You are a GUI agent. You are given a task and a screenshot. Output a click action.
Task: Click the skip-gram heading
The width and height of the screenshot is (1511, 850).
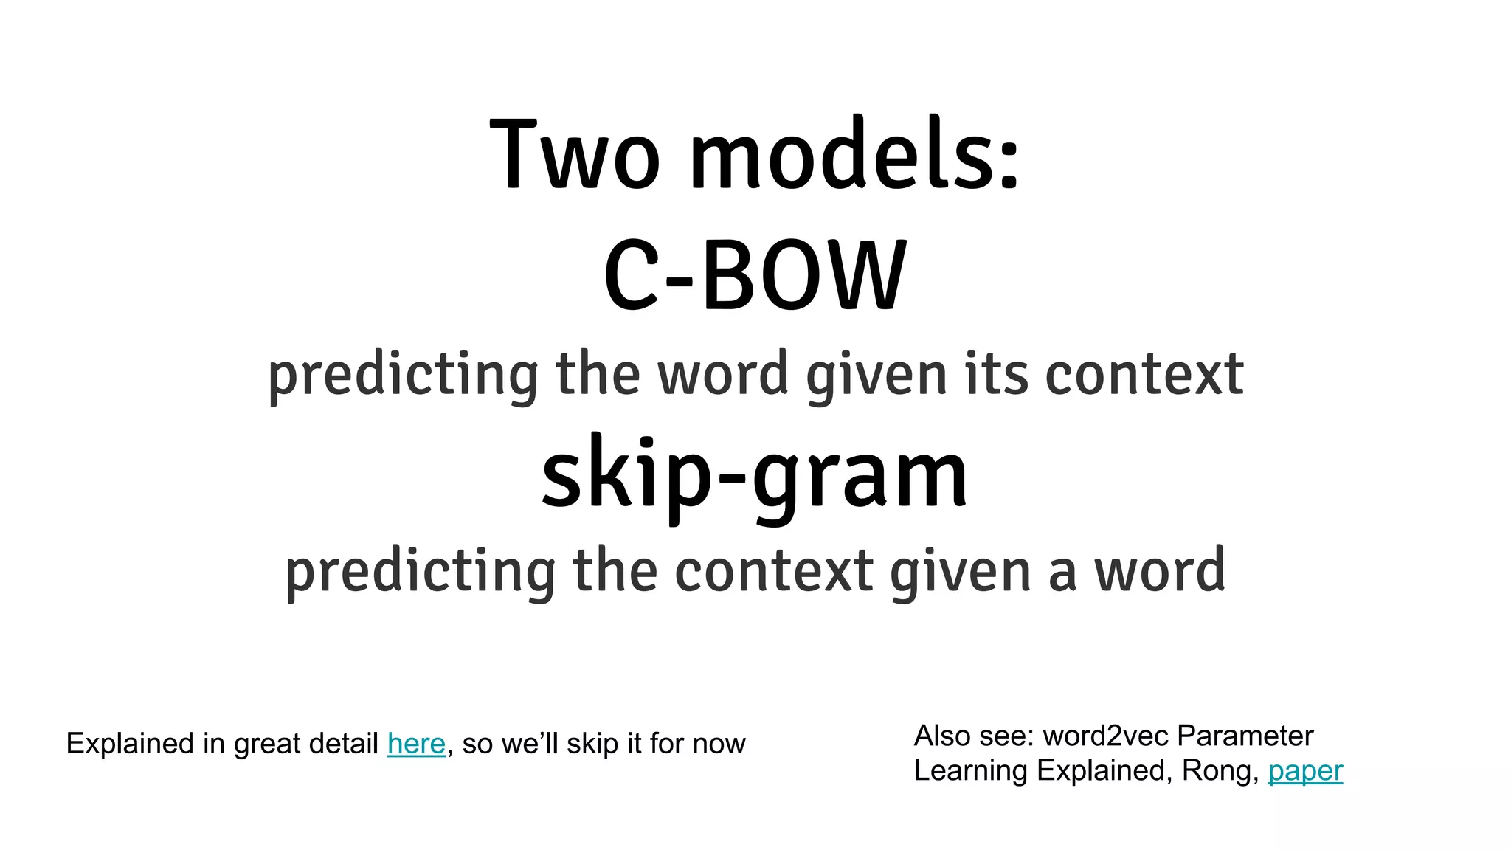(x=754, y=474)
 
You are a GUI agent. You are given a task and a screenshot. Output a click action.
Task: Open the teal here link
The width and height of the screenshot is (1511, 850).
(x=416, y=744)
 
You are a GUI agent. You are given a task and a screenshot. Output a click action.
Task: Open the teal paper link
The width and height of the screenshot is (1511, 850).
(x=1305, y=771)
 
